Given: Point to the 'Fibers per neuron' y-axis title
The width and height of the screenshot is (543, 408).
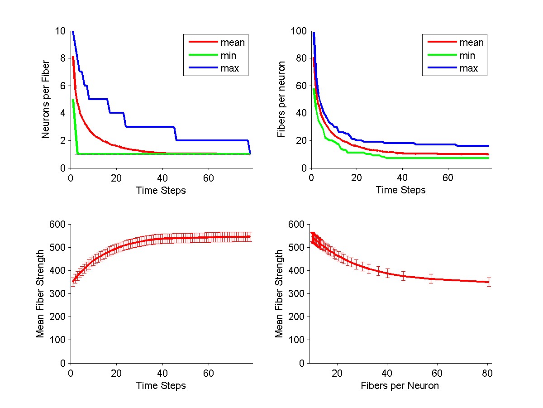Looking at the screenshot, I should click(281, 100).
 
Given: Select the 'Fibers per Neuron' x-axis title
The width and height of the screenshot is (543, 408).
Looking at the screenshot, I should click(400, 386).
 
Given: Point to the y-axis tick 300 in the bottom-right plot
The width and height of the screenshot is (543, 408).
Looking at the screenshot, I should click(298, 294).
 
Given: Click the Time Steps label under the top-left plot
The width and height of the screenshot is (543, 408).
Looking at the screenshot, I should click(161, 191).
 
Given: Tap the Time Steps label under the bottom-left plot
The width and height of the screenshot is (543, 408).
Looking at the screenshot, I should click(161, 386).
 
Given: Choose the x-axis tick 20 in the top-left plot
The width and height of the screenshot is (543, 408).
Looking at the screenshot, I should click(116, 178).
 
